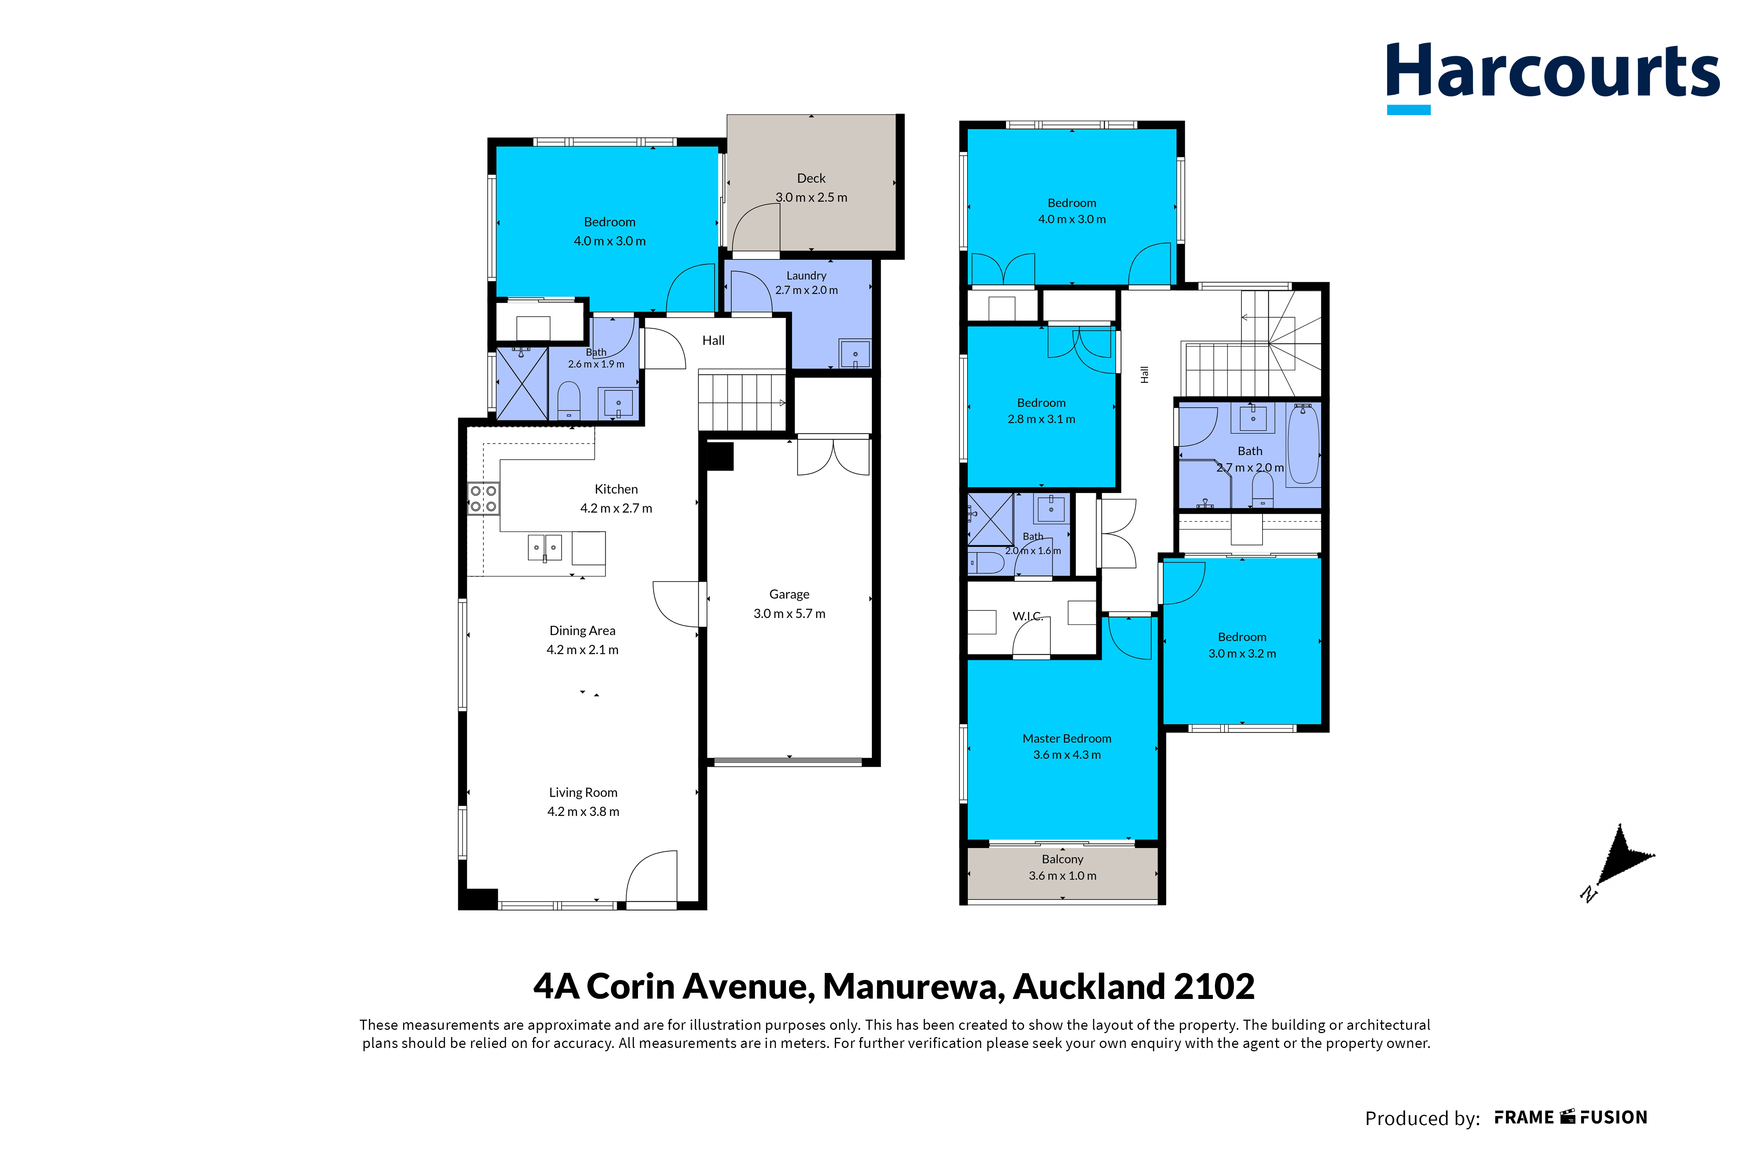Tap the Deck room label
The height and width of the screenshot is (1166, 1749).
pos(811,178)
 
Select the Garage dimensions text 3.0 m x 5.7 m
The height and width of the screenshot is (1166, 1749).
pos(789,613)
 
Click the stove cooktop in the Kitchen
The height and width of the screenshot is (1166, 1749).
pos(484,498)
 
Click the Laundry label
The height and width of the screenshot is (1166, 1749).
pos(807,275)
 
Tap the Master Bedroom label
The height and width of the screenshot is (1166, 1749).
pos(1067,738)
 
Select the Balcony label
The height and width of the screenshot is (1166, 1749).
pos(1062,859)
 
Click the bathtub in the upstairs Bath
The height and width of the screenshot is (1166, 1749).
pos(1303,445)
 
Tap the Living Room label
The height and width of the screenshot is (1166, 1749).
pos(583,793)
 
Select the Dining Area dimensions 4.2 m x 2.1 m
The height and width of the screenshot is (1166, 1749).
pos(582,650)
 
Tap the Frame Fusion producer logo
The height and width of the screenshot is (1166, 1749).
pos(1571,1118)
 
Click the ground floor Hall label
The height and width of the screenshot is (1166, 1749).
pos(714,341)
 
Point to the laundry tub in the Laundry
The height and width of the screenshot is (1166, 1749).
pos(855,354)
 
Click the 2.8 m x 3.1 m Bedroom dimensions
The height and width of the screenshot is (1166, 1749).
pos(1042,419)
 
